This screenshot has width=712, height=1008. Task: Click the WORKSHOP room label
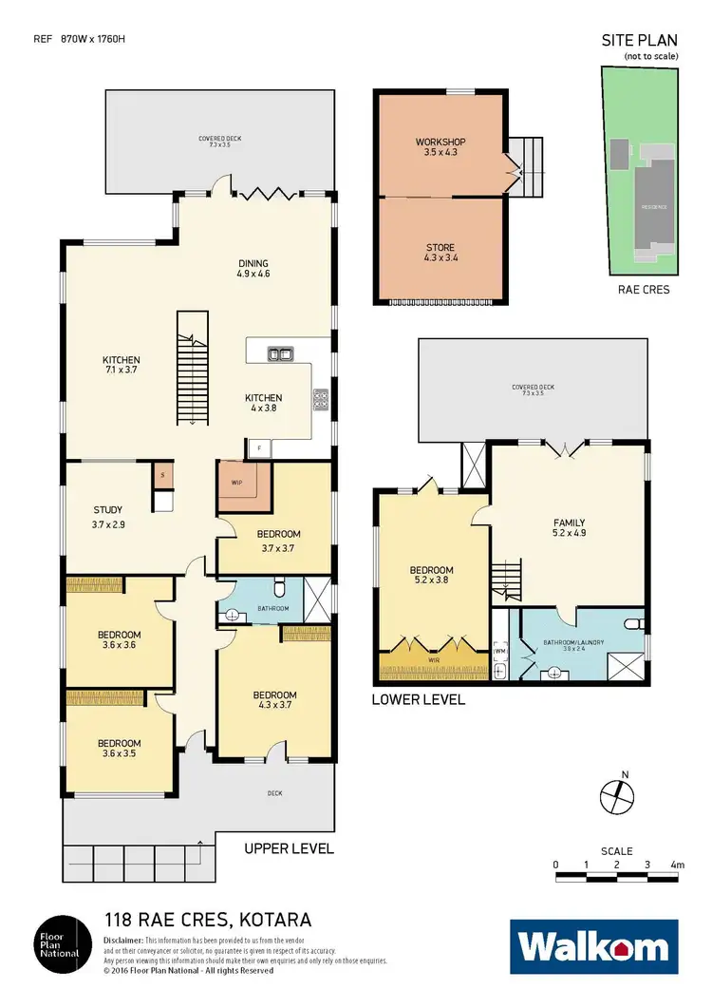(440, 143)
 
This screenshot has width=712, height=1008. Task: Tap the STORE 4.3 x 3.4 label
(440, 253)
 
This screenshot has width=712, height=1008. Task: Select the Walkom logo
(594, 946)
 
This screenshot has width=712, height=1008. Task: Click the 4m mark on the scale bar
(677, 865)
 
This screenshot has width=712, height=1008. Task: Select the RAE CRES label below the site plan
(643, 289)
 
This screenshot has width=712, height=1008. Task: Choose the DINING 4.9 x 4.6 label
(253, 269)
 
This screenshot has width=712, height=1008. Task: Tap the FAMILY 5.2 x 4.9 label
(570, 528)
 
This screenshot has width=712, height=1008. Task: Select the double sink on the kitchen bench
(281, 353)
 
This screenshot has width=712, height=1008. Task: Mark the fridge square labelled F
(259, 447)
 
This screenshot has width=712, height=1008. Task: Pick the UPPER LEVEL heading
(289, 848)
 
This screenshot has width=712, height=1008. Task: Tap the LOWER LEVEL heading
(419, 699)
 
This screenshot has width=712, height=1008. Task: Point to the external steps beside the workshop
(524, 165)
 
